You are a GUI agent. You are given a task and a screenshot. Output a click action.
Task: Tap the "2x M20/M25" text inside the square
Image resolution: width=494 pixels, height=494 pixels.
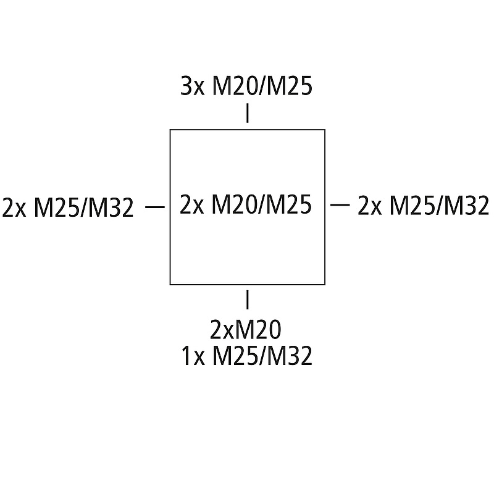tap(246, 205)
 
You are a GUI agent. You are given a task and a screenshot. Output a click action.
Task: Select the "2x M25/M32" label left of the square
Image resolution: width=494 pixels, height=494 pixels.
tap(68, 208)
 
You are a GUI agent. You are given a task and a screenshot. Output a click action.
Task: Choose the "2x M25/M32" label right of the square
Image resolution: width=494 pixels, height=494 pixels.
tap(424, 206)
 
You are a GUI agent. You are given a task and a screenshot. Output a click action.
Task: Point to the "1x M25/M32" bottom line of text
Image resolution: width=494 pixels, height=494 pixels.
tap(247, 356)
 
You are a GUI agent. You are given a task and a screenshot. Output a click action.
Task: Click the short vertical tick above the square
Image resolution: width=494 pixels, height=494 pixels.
tap(248, 114)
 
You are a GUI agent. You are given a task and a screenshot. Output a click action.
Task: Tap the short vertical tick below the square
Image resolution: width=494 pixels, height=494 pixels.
tap(248, 299)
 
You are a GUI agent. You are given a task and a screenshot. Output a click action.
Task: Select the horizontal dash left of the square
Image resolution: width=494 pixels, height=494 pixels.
tap(154, 207)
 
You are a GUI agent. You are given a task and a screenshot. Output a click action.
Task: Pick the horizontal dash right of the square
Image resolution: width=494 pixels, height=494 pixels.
tap(340, 205)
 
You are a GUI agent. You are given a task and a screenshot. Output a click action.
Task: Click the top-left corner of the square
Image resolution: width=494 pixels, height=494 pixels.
tap(170, 130)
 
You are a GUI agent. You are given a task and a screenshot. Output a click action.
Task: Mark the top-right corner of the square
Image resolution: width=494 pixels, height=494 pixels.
tap(325, 130)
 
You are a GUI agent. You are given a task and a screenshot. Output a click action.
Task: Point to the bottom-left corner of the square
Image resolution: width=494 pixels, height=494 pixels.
tap(170, 284)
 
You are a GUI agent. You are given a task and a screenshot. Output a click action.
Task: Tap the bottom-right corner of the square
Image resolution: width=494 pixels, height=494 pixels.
tap(325, 284)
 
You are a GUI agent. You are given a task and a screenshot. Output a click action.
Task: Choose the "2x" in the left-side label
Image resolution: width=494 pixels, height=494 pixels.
tap(15, 208)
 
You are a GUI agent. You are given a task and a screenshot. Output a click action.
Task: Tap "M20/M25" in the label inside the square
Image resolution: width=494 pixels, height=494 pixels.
tap(262, 205)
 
